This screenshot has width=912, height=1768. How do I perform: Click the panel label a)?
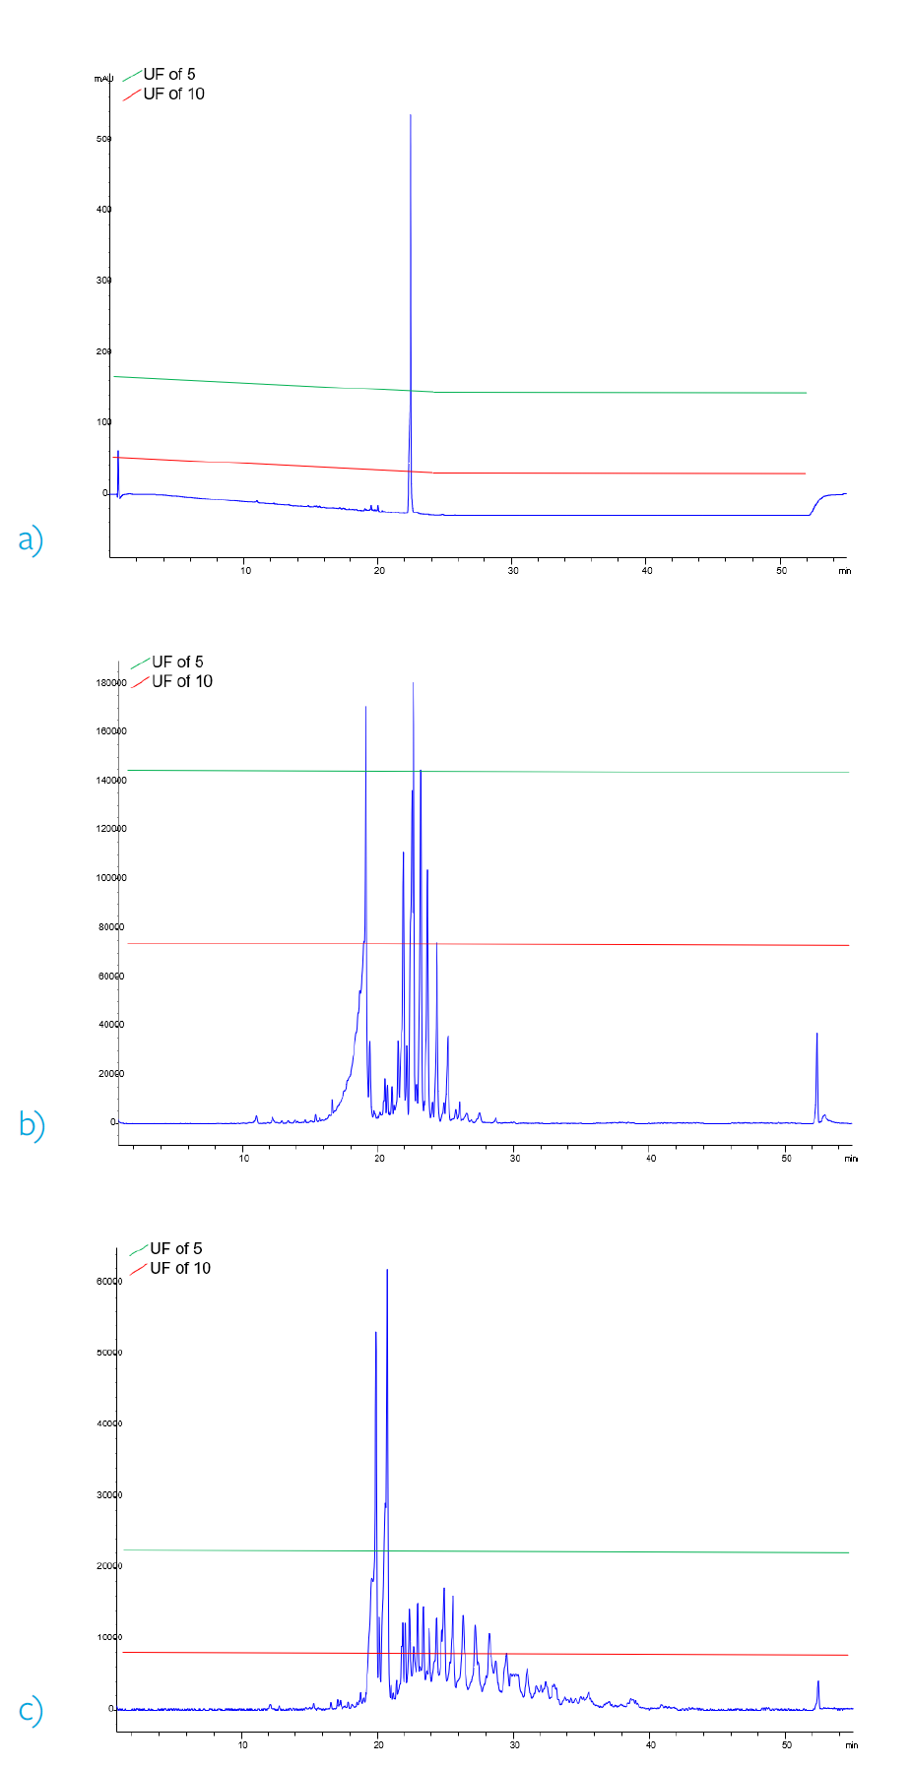[31, 539]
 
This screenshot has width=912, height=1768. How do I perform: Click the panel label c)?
[31, 1710]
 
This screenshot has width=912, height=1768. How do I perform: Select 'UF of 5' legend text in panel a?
[169, 74]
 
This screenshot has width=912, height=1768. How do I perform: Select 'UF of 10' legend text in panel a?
[173, 94]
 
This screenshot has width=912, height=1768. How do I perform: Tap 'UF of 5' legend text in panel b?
[177, 662]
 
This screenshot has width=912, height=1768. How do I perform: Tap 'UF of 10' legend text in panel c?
[180, 1268]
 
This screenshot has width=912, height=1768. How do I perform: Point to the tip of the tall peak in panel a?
[411, 116]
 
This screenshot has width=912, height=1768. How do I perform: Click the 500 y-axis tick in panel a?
[103, 139]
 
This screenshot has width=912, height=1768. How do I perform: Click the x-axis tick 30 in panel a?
[513, 571]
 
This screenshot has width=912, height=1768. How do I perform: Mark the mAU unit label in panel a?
[103, 78]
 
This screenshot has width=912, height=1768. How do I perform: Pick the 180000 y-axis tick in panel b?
[110, 682]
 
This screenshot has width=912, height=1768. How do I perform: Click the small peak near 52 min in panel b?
[816, 1036]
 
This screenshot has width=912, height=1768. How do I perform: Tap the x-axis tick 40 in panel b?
[651, 1158]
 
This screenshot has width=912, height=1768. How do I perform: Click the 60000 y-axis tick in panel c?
[108, 1281]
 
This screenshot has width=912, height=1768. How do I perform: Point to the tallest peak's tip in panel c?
[387, 1271]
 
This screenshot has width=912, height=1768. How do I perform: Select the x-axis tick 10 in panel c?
[243, 1744]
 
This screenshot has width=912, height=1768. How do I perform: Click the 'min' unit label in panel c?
[851, 1745]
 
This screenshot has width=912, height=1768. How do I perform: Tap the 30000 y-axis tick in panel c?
[108, 1494]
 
